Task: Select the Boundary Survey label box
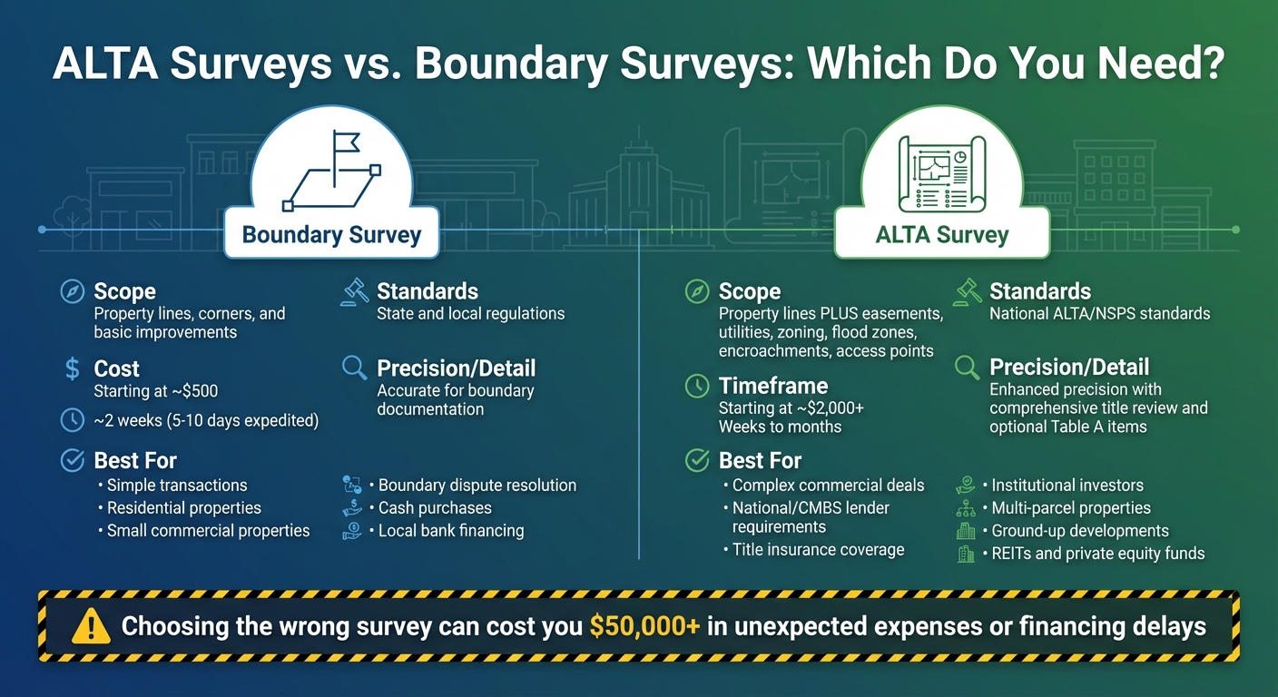click(x=331, y=235)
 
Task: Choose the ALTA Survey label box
click(x=942, y=235)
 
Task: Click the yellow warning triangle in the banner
click(x=90, y=625)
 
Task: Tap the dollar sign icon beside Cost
click(x=72, y=368)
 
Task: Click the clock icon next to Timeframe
click(x=696, y=386)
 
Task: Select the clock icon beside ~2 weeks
click(x=72, y=420)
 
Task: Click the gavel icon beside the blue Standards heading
click(x=353, y=291)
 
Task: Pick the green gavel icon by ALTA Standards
click(x=966, y=291)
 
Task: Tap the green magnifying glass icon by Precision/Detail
click(x=967, y=368)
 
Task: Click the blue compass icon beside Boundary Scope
click(x=72, y=291)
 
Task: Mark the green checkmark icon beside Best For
click(x=696, y=460)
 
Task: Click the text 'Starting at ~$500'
click(x=155, y=391)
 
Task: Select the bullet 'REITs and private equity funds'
click(x=1097, y=554)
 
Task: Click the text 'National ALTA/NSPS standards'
click(x=1099, y=314)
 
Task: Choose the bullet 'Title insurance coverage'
click(x=818, y=549)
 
